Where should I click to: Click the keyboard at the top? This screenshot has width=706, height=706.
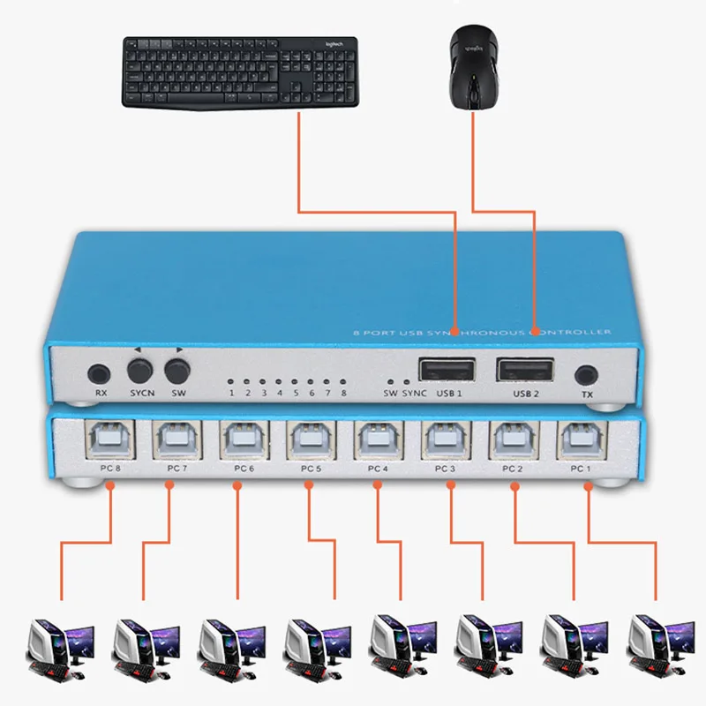239,72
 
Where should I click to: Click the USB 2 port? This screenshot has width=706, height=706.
525,369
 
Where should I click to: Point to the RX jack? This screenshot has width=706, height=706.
100,372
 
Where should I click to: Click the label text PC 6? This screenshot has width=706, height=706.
244,469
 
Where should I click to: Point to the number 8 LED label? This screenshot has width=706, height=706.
343,394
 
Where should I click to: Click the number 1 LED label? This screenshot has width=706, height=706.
232,394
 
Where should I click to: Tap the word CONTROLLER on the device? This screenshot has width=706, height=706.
574,332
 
